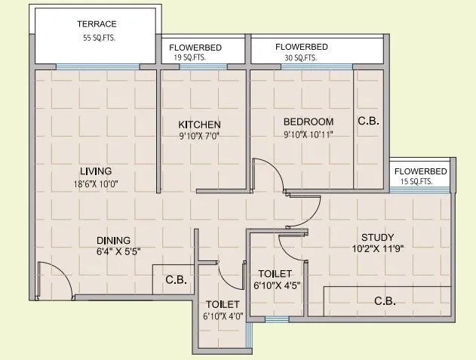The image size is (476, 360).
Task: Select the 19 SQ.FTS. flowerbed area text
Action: [x=189, y=57]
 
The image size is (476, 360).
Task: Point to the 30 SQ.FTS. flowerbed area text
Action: [x=301, y=57]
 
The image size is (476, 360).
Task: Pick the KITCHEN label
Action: [x=199, y=124]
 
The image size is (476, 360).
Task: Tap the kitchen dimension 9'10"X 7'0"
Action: [x=199, y=136]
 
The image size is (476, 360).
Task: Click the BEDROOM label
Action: [x=309, y=122]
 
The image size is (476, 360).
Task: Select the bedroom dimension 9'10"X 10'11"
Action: [x=309, y=134]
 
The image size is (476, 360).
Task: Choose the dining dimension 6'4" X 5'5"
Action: [x=118, y=253]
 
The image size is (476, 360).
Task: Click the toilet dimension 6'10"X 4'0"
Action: [x=223, y=315]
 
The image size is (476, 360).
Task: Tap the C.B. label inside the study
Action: [x=385, y=301]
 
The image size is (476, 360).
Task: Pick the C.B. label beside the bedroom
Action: [x=368, y=121]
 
